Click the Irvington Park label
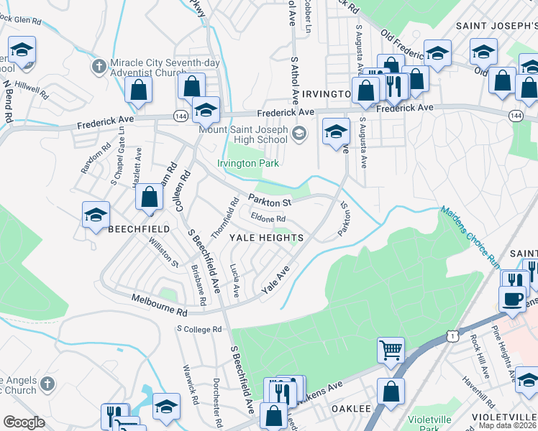[247, 163]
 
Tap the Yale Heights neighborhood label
[266, 237]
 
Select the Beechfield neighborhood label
[138, 228]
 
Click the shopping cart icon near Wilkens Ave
[391, 351]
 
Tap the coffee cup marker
[512, 298]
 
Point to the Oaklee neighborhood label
[350, 408]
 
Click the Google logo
[24, 422]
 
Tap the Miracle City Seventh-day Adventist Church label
[159, 67]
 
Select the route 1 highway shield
[450, 335]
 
